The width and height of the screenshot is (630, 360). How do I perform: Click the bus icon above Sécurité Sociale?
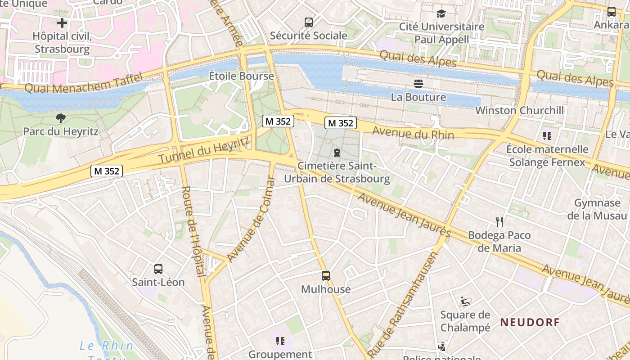(308, 22)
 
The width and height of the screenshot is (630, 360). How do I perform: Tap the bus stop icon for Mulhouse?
(325, 276)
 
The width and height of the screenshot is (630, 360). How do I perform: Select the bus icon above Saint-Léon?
(158, 269)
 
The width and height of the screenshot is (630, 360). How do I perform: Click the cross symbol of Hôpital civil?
(62, 23)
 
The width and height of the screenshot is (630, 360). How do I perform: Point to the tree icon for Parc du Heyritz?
(60, 119)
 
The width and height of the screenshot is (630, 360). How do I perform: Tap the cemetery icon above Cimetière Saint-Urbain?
(337, 153)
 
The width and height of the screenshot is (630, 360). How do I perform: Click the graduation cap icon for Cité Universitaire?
(441, 13)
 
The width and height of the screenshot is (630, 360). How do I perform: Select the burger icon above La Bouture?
(418, 84)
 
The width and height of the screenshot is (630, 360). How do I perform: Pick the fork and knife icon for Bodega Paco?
(499, 222)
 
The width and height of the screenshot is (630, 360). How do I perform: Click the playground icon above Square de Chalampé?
(465, 301)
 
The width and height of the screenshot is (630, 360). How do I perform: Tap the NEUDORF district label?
(530, 322)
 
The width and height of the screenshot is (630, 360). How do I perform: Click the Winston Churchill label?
(519, 110)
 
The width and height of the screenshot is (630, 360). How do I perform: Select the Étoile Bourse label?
(241, 76)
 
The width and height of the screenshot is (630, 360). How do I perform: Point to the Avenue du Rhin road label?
(413, 134)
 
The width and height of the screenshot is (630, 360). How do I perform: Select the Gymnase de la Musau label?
(597, 209)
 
